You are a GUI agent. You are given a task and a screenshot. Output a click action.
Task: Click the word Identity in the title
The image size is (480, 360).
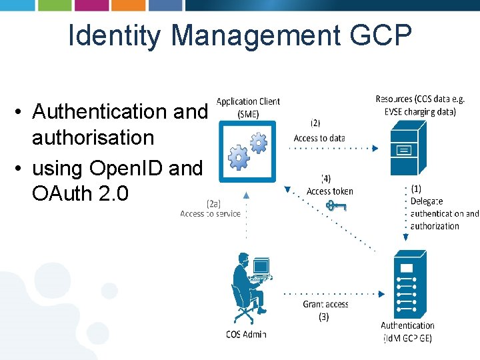pyautogui.click(x=114, y=36)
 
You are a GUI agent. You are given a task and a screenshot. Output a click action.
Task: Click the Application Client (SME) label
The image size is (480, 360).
pyautogui.click(x=248, y=107)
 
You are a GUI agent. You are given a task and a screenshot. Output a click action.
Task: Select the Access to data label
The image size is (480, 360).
pyautogui.click(x=319, y=138)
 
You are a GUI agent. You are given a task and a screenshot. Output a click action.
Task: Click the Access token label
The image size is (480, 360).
pyautogui.click(x=329, y=191)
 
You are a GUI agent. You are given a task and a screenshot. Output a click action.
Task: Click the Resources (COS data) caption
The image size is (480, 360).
pyautogui.click(x=419, y=105)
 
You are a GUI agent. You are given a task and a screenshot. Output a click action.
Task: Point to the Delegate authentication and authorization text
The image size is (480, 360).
pyautogui.click(x=444, y=213)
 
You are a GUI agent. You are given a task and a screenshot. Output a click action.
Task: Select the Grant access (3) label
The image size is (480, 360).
pyautogui.click(x=325, y=310)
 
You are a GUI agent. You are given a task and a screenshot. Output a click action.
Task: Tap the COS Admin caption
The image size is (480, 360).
pyautogui.click(x=246, y=335)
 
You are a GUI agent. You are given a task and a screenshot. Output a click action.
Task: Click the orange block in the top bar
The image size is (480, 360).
pyautogui.click(x=128, y=5)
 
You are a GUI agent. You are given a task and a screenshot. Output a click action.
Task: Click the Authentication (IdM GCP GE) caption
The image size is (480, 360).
pyautogui.click(x=407, y=332)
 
